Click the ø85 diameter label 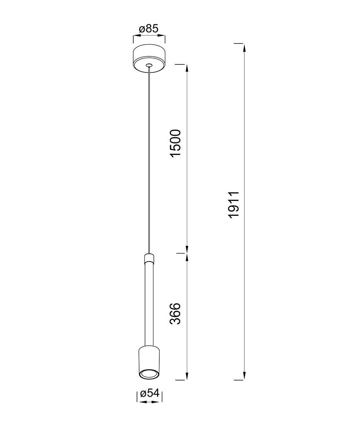tap(149, 29)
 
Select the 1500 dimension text tap(175, 143)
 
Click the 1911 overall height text tap(234, 205)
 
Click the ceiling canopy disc tap(149, 59)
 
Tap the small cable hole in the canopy tap(149, 65)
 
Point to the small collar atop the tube tap(149, 258)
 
